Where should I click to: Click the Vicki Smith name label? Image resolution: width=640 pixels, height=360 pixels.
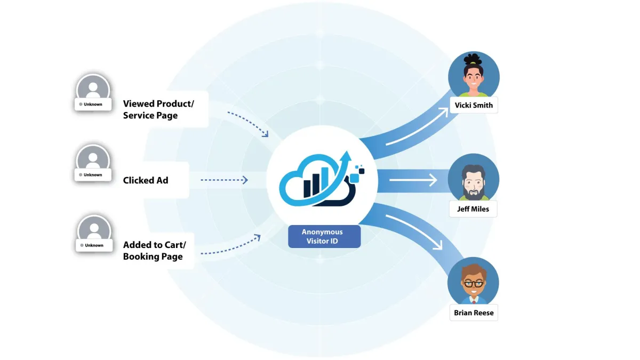coord(474,105)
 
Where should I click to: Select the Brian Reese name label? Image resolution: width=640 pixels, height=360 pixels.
coord(474,313)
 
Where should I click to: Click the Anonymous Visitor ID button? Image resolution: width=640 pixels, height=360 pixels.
coord(324,237)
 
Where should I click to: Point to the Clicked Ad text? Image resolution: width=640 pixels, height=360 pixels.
coord(146,180)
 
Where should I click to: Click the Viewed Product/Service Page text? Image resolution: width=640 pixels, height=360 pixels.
coord(158,109)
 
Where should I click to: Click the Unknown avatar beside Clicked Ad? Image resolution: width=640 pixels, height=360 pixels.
coord(93,161)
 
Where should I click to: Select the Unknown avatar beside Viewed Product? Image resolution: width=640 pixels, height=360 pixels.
coord(93,89)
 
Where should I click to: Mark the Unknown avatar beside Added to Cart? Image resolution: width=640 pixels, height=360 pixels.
coord(94,231)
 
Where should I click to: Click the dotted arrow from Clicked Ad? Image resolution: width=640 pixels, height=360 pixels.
coord(224,180)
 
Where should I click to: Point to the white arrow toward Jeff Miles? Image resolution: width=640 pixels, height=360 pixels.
coord(413,180)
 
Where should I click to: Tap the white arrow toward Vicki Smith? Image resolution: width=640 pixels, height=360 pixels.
coord(416,126)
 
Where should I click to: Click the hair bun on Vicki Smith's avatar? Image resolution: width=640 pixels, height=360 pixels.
coord(473,58)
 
